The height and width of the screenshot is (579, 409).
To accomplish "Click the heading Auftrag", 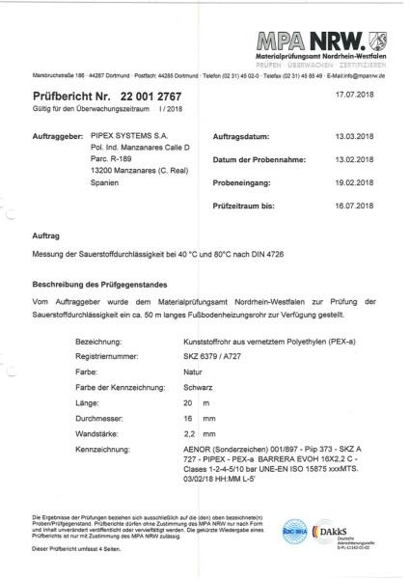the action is pyautogui.click(x=48, y=235).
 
